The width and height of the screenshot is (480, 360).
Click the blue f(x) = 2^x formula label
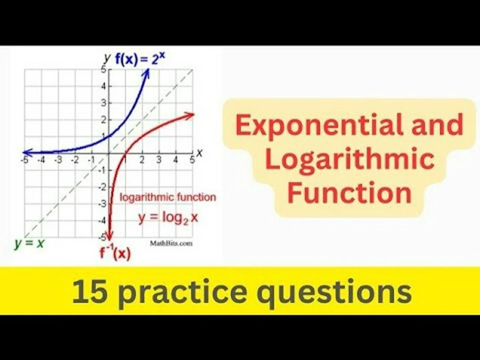click(140, 59)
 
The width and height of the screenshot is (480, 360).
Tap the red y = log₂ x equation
click(168, 217)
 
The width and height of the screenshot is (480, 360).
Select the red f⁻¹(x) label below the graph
click(115, 253)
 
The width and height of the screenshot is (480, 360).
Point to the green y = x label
click(29, 243)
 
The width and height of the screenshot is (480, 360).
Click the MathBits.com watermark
click(171, 243)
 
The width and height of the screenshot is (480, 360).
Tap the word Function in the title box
click(349, 192)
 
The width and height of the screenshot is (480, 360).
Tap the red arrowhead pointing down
click(109, 236)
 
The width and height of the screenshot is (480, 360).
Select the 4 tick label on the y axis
click(104, 86)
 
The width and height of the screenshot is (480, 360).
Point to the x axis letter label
click(199, 153)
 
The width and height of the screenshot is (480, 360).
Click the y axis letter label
click(108, 58)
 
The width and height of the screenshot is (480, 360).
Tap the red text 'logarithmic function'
click(168, 197)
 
